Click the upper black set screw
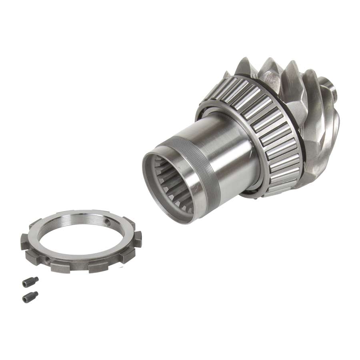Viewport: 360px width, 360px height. tap(30, 282)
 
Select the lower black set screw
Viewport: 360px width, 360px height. tap(30, 297)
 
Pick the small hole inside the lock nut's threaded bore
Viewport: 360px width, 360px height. tap(107, 220)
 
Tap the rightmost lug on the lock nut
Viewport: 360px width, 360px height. tap(137, 239)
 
